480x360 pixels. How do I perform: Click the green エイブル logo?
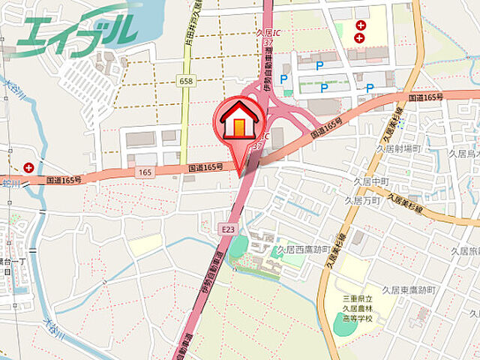[75, 30]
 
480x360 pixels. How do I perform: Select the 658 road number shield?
[186, 80]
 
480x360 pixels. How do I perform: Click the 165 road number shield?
[145, 172]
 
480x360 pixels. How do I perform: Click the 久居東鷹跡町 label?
[408, 289]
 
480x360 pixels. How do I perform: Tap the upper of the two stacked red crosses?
[360, 25]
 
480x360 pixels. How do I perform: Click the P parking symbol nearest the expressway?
[284, 79]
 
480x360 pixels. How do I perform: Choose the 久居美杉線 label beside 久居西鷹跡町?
[335, 250]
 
